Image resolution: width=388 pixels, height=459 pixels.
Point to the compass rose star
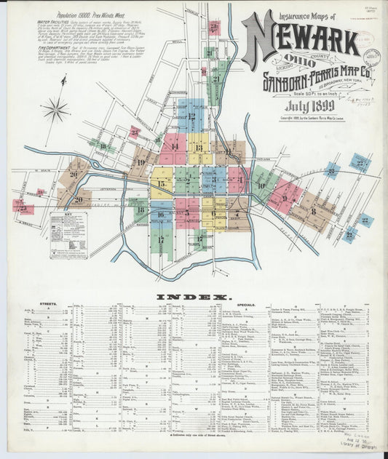pyautogui.click(x=55, y=110)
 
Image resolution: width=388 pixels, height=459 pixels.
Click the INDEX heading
pyautogui.click(x=194, y=298)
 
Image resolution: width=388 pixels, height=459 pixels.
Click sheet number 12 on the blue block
pyautogui.click(x=191, y=116)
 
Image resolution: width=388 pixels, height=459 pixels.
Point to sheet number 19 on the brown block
pyautogui.click(x=140, y=161)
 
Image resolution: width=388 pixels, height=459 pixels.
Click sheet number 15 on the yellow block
pyautogui.click(x=162, y=184)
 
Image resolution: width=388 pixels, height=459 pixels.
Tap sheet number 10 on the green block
pyautogui.click(x=261, y=185)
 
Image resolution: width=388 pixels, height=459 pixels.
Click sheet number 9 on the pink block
pyautogui.click(x=285, y=197)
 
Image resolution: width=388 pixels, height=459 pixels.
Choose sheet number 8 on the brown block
pyautogui.click(x=313, y=211)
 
